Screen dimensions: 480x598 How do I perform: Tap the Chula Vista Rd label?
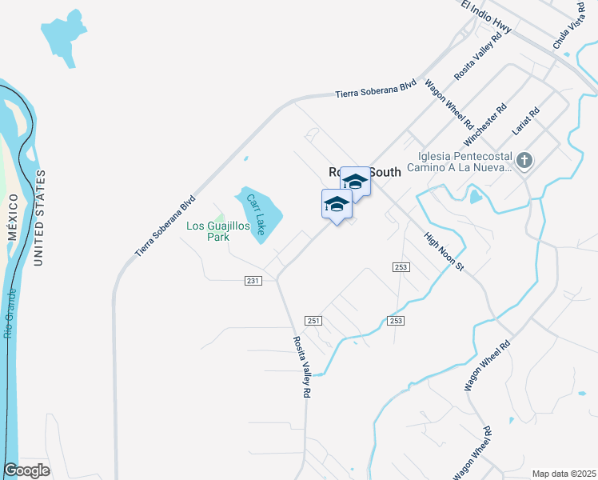coord(569,26)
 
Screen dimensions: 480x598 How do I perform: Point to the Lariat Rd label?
coord(526,118)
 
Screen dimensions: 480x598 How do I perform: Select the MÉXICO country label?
coord(12,216)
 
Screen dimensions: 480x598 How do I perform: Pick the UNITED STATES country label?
coord(39,218)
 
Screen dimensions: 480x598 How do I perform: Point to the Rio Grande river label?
coord(10,315)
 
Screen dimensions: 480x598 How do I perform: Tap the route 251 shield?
coord(313,320)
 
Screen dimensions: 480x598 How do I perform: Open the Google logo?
coord(27,470)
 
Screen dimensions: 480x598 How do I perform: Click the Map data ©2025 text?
coord(564,473)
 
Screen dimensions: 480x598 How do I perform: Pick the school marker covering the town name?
coord(355,182)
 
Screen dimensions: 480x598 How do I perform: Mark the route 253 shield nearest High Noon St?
coord(401,266)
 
